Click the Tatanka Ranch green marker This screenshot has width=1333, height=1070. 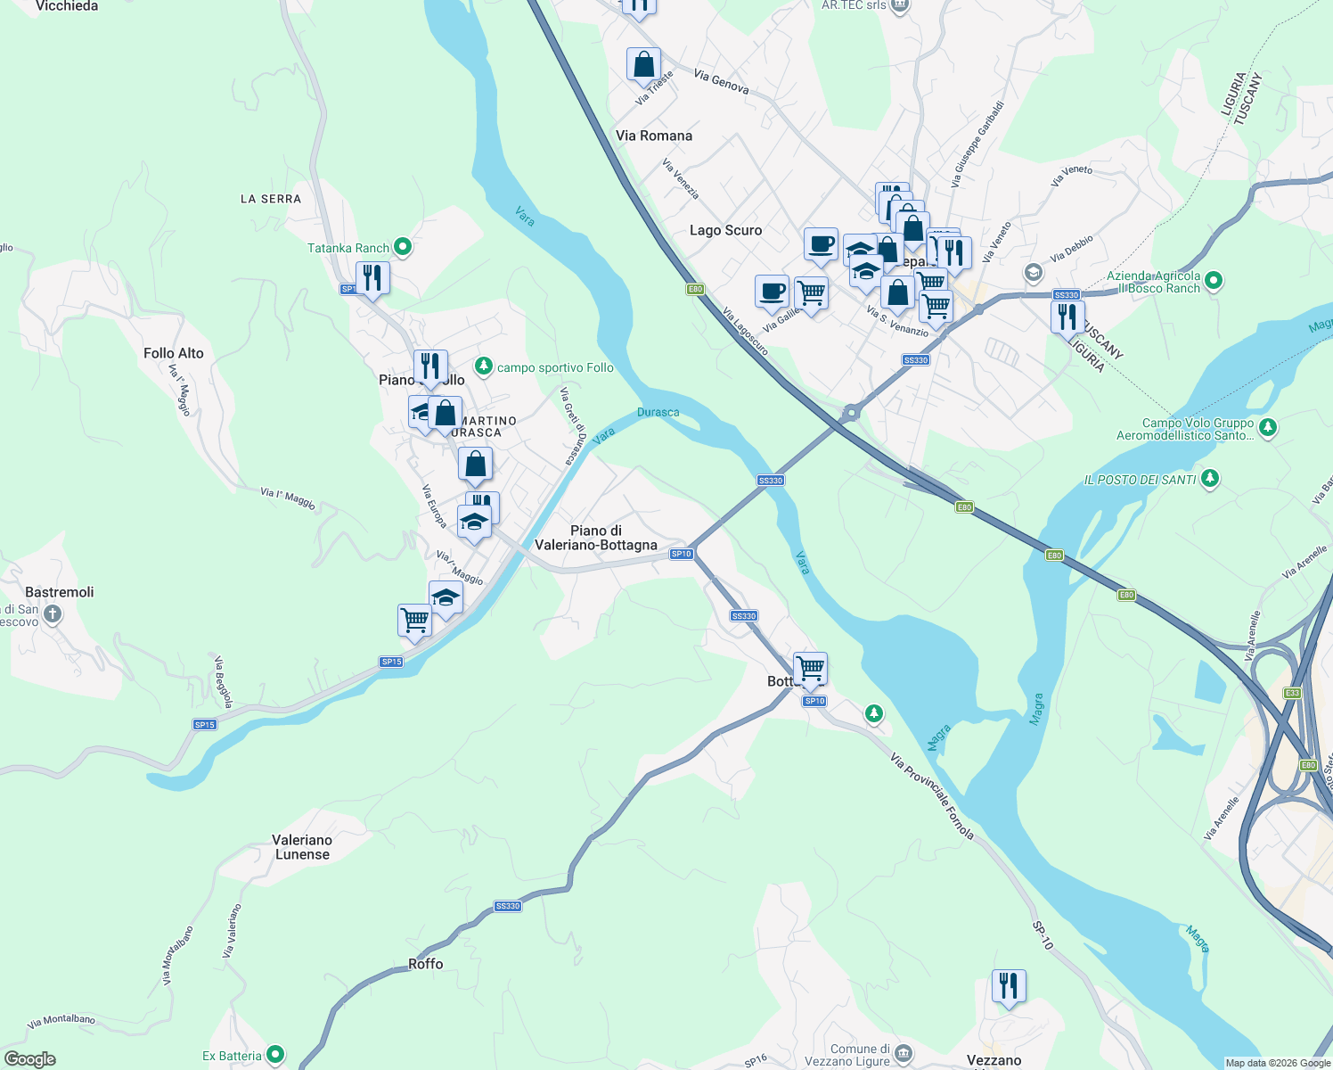click(402, 246)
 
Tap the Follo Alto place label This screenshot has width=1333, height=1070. click(174, 353)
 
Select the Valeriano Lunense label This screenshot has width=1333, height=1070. click(302, 847)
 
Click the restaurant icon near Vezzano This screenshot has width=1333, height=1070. click(1009, 986)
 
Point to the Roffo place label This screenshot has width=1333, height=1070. click(425, 964)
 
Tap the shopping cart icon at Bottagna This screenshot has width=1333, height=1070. click(810, 668)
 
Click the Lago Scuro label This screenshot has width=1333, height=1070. click(725, 230)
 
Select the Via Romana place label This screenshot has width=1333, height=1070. click(653, 136)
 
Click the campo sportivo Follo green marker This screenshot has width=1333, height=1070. click(483, 366)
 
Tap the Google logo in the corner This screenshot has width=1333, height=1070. click(30, 1059)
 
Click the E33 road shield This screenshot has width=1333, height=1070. click(1293, 693)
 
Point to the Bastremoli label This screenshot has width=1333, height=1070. click(60, 592)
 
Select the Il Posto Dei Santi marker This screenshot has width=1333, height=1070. click(1209, 478)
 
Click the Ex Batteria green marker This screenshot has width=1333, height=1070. click(275, 1055)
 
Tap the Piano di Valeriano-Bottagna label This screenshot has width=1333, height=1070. click(596, 538)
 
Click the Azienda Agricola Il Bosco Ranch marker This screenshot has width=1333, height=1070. click(1213, 281)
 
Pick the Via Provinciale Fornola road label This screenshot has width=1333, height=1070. click(932, 796)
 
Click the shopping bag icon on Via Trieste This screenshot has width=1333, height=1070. click(643, 65)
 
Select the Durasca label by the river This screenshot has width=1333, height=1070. click(658, 412)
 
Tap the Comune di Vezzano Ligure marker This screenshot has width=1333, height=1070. click(903, 1054)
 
